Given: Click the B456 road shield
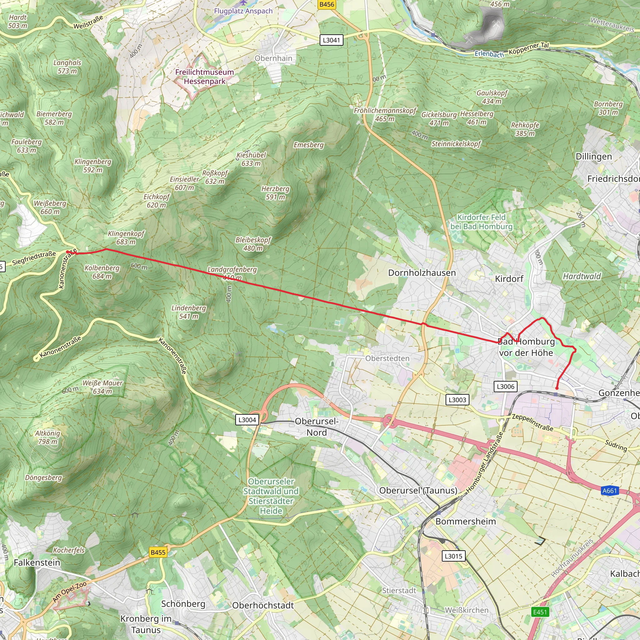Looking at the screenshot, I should (327, 4).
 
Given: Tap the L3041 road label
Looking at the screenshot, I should (331, 40).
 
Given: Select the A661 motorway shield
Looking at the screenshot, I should (609, 491).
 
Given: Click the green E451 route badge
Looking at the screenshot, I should (540, 612).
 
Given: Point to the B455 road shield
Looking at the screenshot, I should (158, 552).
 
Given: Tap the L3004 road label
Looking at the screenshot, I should (247, 420).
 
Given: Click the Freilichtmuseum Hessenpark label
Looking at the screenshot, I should (204, 77).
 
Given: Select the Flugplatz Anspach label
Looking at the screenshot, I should (243, 11).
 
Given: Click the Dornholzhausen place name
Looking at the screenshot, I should (422, 272).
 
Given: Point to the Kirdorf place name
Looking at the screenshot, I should (509, 279).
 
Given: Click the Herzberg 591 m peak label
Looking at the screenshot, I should (275, 193).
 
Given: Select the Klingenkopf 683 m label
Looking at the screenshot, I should (126, 237).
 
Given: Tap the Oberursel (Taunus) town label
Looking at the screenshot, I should (418, 490).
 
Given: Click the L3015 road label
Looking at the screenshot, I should (453, 556).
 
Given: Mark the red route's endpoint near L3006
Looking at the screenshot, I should (557, 388).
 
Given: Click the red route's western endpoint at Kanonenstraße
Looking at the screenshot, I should (68, 252).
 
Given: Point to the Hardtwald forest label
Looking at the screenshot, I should (582, 276).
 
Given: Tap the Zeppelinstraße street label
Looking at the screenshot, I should (532, 422).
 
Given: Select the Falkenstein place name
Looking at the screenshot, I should (37, 562).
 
